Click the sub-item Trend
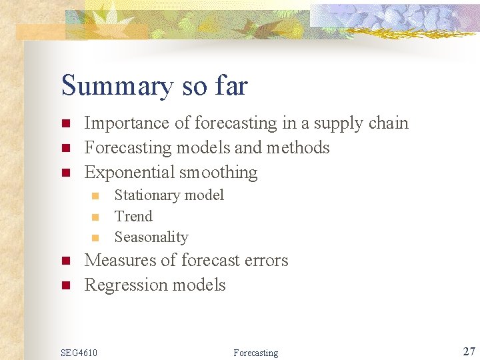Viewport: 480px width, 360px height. (x=133, y=216)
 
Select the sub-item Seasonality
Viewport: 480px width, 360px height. (x=151, y=237)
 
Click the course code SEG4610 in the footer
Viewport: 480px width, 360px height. (x=79, y=352)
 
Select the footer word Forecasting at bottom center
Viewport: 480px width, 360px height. (x=256, y=353)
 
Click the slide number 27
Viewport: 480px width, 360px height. (x=469, y=351)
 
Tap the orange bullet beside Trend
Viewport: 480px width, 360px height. (x=95, y=217)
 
